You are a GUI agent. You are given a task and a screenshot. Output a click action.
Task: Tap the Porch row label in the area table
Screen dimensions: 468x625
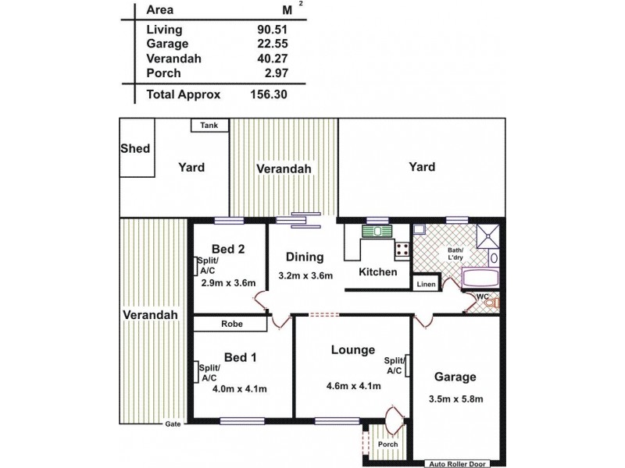[x=163, y=73]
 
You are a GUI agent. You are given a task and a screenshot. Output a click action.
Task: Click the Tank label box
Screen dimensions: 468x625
[x=209, y=125]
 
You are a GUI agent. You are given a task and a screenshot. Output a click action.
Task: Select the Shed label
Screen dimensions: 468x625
[x=135, y=148]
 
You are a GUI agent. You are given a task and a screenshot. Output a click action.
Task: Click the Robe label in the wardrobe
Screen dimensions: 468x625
[x=230, y=324]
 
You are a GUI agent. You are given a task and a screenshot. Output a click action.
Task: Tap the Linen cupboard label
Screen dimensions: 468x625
[x=425, y=285]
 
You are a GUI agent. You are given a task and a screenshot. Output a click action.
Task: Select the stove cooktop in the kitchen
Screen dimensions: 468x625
[x=403, y=250]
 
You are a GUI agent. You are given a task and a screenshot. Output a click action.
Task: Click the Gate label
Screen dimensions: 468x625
[x=172, y=424]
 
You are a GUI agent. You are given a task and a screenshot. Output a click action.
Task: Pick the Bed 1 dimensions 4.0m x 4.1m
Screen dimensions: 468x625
[x=241, y=389]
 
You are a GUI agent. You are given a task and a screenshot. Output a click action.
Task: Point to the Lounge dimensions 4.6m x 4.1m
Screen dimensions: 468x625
[x=352, y=385]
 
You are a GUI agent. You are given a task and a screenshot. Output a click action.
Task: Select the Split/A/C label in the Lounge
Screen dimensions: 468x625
[x=394, y=365]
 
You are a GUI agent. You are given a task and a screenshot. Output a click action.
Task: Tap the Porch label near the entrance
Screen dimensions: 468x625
[x=387, y=445]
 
